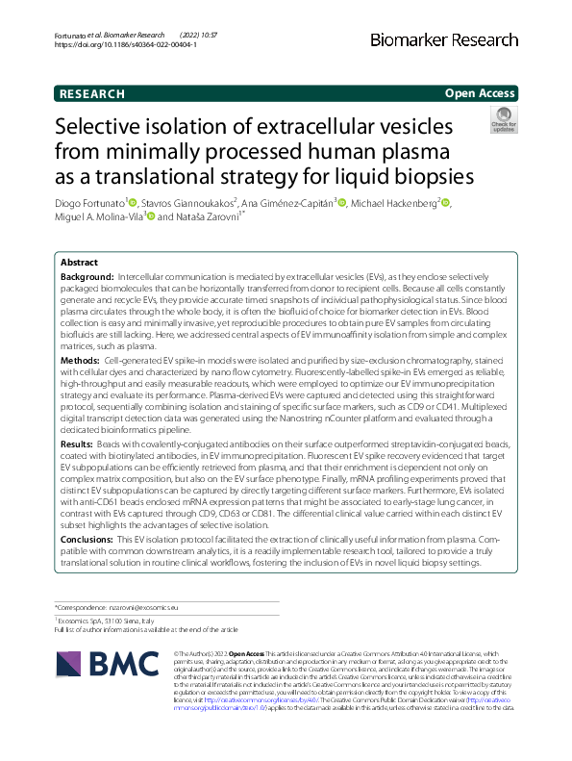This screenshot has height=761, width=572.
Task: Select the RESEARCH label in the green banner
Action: click(92, 94)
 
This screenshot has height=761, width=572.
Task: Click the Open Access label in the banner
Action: click(481, 94)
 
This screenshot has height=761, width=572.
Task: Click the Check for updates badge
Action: click(503, 122)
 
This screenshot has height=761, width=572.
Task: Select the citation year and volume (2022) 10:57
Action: click(200, 35)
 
